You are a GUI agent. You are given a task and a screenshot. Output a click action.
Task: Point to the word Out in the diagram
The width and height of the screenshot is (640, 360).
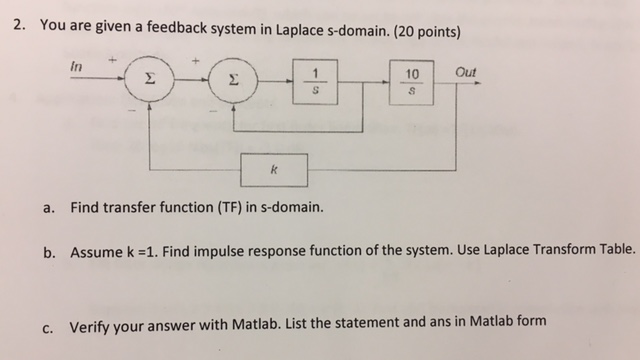pyautogui.click(x=465, y=72)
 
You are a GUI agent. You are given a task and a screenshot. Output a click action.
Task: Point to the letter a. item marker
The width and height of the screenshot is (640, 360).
pyautogui.click(x=48, y=211)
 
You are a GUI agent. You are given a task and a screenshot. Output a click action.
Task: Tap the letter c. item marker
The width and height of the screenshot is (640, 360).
pyautogui.click(x=48, y=323)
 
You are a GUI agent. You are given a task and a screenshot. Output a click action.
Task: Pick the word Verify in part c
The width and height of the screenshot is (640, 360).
pyautogui.click(x=90, y=323)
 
